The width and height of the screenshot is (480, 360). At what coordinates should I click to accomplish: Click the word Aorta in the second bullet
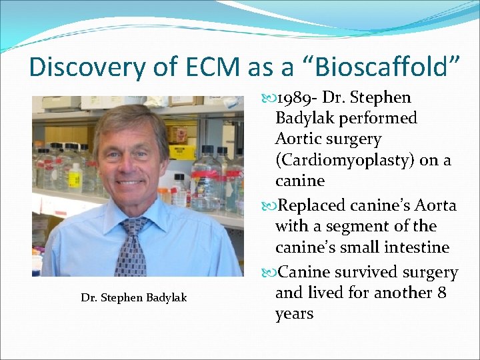pos(435,205)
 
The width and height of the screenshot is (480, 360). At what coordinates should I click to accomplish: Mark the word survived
pos(373,272)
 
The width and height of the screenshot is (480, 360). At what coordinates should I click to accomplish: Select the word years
pos(294,313)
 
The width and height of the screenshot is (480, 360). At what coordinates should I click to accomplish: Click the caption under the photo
pos(134,297)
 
